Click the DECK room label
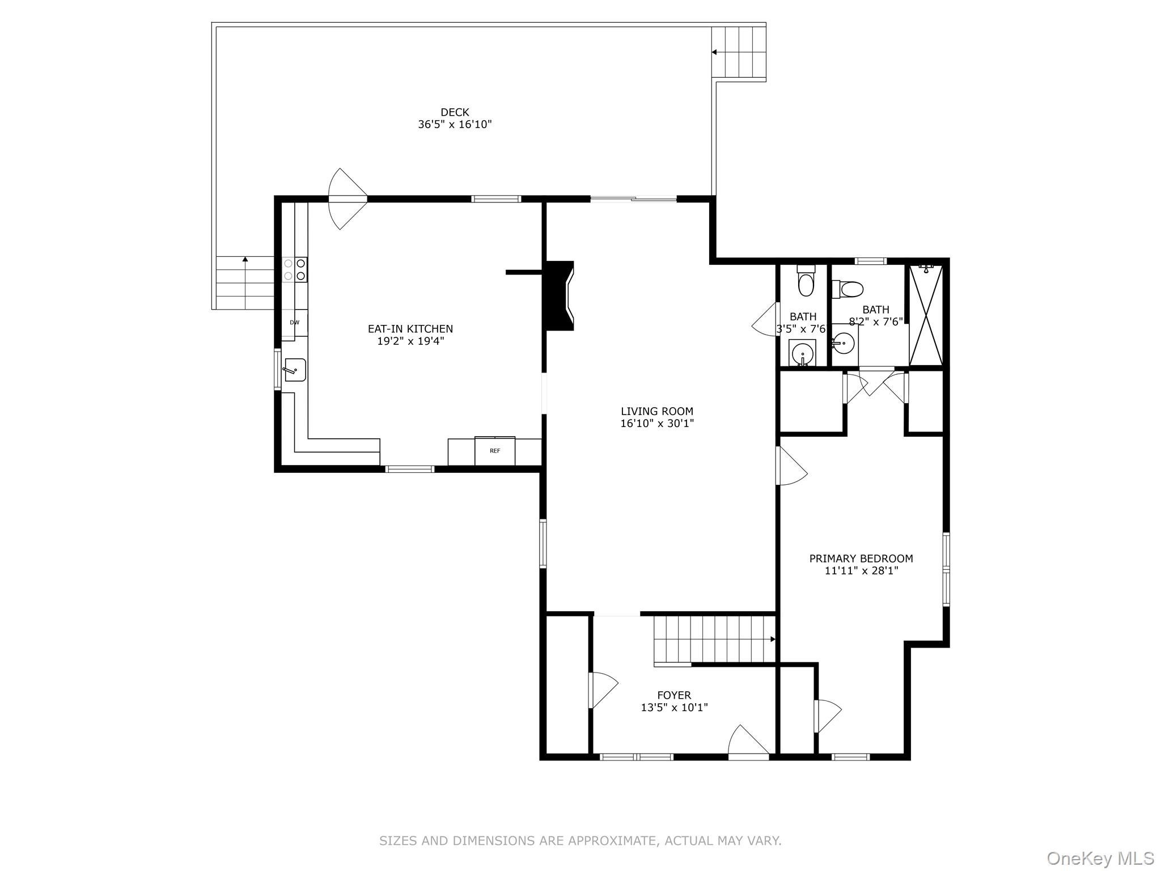pyautogui.click(x=455, y=112)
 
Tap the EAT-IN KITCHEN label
pyautogui.click(x=410, y=329)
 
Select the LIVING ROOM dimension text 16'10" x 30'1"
pyautogui.click(x=657, y=424)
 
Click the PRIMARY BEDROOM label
pyautogui.click(x=861, y=559)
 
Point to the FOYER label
pyautogui.click(x=674, y=695)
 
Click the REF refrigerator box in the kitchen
pyautogui.click(x=495, y=451)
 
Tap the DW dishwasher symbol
pyautogui.click(x=294, y=323)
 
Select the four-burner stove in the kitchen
pyautogui.click(x=295, y=269)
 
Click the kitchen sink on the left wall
pyautogui.click(x=294, y=370)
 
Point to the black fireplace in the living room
pyautogui.click(x=558, y=295)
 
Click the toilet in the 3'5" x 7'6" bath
pyautogui.click(x=805, y=281)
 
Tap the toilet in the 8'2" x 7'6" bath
pyautogui.click(x=849, y=289)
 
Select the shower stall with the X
pyautogui.click(x=926, y=315)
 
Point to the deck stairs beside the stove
pyautogui.click(x=245, y=282)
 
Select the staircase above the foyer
pyautogui.click(x=713, y=639)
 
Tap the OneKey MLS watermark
pyautogui.click(x=1100, y=858)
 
